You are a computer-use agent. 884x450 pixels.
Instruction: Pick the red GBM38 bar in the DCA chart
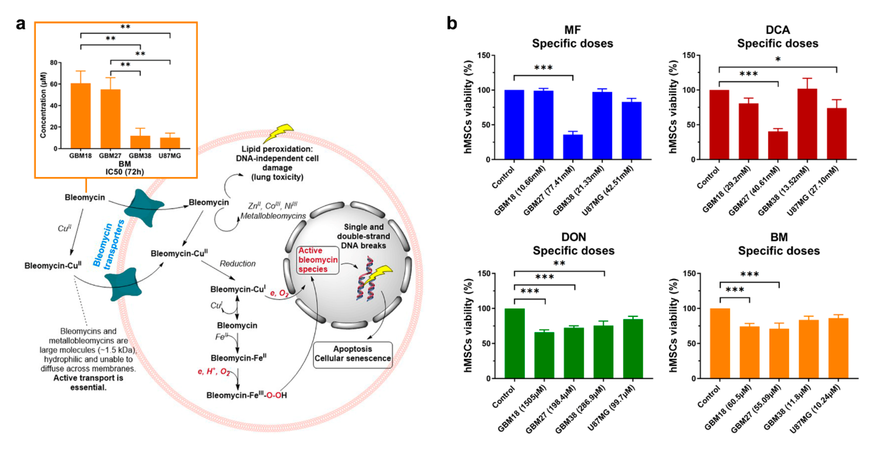pos(807,124)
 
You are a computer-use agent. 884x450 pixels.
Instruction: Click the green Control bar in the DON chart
pos(515,343)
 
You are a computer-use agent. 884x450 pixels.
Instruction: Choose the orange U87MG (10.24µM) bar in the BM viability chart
pos(838,348)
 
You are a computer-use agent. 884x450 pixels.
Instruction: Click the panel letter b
pos(452,24)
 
